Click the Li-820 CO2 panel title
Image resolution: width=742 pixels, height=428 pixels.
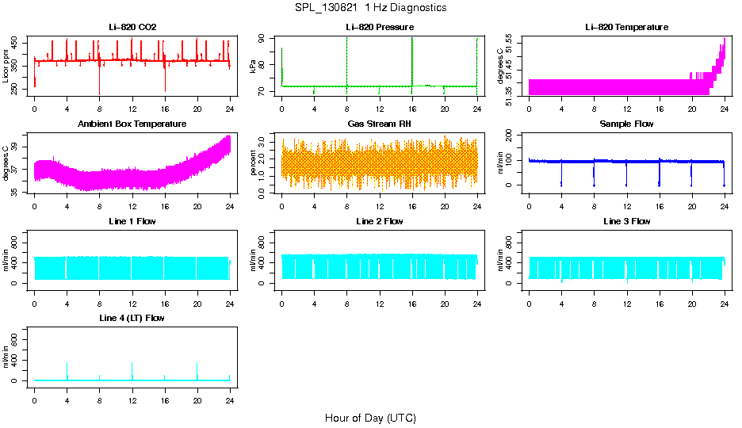[x=132, y=27]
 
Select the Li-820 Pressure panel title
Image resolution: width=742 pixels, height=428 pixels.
[x=380, y=27]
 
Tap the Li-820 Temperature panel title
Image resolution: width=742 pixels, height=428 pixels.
[x=626, y=27]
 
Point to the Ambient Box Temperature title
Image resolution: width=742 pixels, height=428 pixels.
[x=132, y=124]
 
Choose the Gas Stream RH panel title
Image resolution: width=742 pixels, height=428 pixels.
[x=380, y=124]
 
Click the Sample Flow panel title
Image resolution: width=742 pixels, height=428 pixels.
[x=626, y=124]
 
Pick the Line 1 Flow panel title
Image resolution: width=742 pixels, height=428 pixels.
[x=132, y=221]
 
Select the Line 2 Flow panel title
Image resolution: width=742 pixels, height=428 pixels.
[x=380, y=221]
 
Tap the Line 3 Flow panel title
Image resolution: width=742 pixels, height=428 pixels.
[x=626, y=221]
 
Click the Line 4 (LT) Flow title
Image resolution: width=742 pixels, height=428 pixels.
[x=132, y=318]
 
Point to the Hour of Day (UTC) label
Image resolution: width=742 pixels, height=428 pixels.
[x=370, y=418]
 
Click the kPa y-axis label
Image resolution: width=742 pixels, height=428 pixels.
[x=254, y=67]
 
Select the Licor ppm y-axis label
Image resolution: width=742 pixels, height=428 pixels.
[x=6, y=67]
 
